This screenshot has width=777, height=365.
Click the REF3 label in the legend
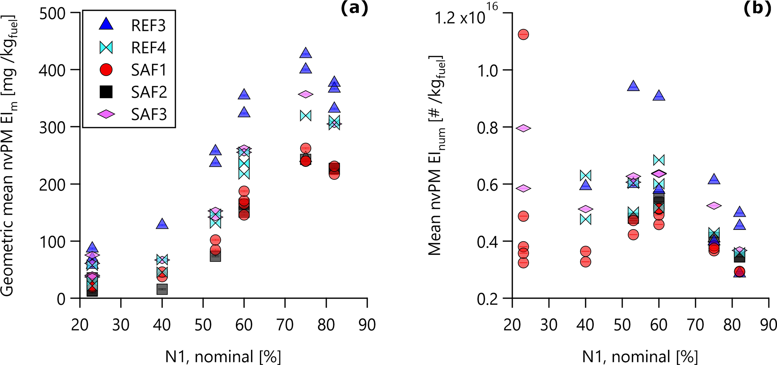tap(148, 26)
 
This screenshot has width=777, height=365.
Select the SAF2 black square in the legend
tap(106, 92)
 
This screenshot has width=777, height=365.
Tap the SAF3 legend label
tap(148, 114)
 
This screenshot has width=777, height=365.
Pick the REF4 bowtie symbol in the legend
tap(106, 48)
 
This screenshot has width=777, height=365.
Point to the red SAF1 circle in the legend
tap(106, 70)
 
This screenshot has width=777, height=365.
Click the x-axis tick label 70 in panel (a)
tap(285, 325)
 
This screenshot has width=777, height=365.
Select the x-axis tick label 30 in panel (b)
tap(549, 325)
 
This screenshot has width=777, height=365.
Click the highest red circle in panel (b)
tap(523, 35)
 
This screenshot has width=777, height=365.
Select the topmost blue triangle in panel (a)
tap(306, 53)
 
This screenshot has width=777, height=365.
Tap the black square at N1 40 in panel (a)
tap(162, 289)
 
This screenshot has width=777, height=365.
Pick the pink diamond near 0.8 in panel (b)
tap(523, 128)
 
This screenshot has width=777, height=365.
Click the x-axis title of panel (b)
tap(640, 356)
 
